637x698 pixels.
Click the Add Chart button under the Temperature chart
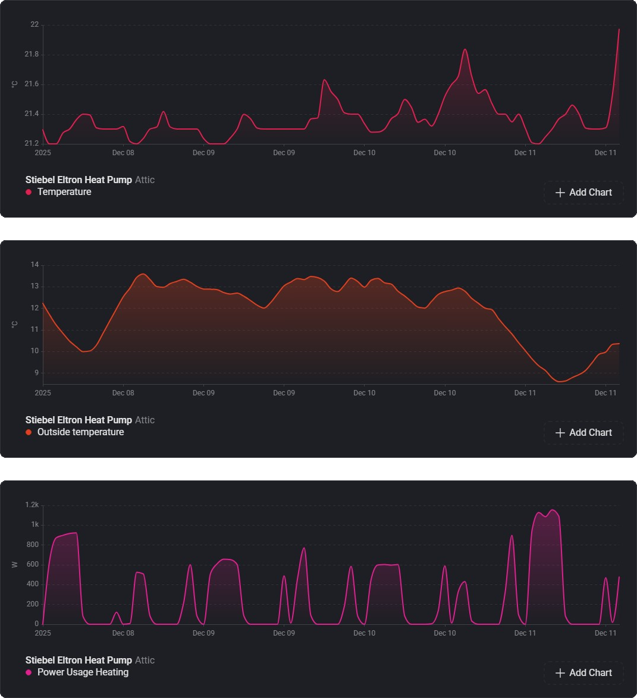583,193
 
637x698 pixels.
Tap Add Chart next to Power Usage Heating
583,673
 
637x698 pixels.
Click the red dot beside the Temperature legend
29,192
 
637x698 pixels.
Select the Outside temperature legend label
80,432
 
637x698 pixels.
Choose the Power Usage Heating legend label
83,672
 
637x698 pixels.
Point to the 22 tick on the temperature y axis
34,25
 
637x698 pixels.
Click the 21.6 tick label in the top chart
32,84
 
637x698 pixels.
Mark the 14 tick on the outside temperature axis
34,265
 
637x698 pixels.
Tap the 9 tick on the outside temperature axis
36,373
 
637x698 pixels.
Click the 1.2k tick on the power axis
32,505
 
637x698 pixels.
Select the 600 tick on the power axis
33,564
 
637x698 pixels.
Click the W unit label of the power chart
15,564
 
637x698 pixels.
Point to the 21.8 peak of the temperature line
465,50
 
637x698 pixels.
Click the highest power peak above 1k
553,510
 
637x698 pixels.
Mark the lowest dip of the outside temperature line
560,381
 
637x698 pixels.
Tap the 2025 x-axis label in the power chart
43,633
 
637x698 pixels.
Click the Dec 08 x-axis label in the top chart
123,153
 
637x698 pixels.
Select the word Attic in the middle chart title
145,420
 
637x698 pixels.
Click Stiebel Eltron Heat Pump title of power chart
79,660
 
